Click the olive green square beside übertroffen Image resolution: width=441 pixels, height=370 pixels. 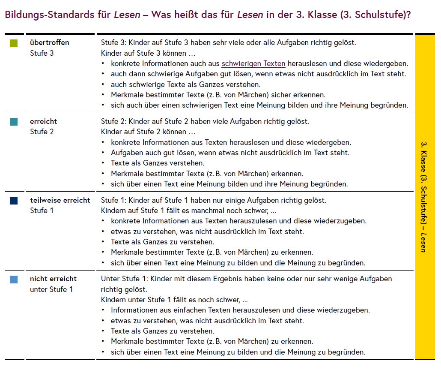coord(14,43)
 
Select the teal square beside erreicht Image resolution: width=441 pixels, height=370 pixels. coord(14,122)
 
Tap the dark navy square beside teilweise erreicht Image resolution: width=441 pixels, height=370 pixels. coord(14,200)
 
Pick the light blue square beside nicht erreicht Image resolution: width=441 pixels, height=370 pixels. coord(14,280)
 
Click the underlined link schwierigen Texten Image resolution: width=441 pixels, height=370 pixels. coord(253,63)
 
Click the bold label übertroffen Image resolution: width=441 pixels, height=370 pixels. coord(49,42)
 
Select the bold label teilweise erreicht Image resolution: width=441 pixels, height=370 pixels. coord(60,200)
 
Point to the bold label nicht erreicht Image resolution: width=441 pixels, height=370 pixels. coord(53,279)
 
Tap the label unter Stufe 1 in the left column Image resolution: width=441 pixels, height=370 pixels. coord(51,289)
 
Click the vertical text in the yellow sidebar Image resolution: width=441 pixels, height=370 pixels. coord(424,197)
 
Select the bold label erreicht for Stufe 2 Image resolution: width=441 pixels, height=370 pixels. coord(43,121)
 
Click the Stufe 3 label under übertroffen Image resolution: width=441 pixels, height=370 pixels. coord(42,53)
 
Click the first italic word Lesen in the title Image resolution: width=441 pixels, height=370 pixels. coord(127,15)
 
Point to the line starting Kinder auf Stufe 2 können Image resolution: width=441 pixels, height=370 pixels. coord(148,132)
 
